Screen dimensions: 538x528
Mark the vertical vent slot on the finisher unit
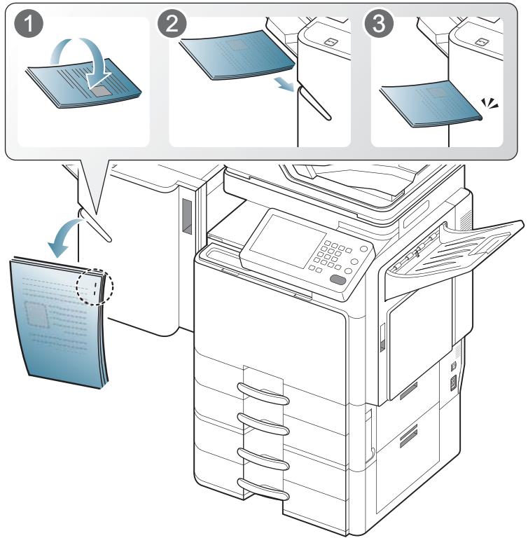pyautogui.click(x=186, y=215)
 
